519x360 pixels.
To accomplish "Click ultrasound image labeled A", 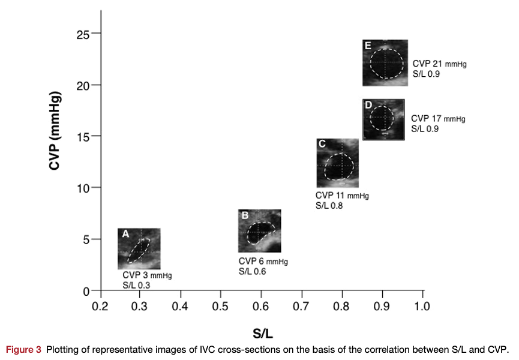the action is [x=139, y=248].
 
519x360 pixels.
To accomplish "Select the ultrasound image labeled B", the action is [x=259, y=230].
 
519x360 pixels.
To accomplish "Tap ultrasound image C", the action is [x=338, y=163].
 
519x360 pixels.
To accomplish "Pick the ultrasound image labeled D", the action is [x=383, y=119].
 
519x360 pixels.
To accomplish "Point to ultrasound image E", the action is [x=385, y=62].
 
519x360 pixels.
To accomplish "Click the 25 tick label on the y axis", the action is [x=83, y=34].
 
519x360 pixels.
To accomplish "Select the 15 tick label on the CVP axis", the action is [x=83, y=137].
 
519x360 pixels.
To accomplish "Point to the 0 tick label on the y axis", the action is [x=86, y=292].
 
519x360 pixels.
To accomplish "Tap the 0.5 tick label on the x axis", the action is [x=220, y=307].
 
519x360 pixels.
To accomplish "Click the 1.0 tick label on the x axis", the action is [x=422, y=307].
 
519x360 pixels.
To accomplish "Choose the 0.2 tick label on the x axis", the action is [x=100, y=307].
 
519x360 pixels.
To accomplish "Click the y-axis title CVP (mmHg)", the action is [x=55, y=131].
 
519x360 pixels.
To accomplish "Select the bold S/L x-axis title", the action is [x=263, y=333].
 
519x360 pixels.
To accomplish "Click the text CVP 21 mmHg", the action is [x=440, y=64].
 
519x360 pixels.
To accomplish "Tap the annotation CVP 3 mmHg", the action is [x=147, y=275].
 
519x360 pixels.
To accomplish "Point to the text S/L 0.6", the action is [x=252, y=271].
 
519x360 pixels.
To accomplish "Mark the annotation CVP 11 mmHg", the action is [x=342, y=196].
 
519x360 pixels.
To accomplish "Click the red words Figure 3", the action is [x=24, y=350].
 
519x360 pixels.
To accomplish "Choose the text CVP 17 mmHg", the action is [x=438, y=118].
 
